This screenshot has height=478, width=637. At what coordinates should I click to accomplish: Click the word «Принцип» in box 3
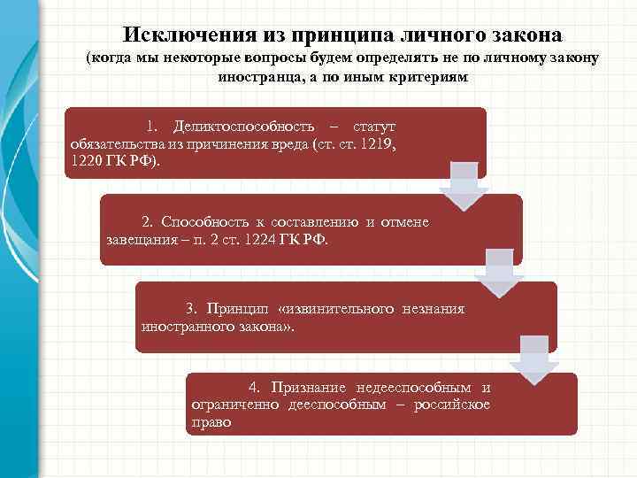(236, 308)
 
